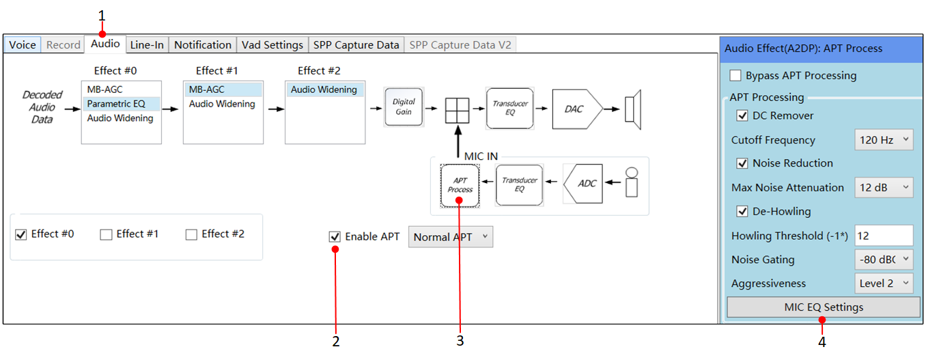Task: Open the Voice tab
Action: [x=23, y=44]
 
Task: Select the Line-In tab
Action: [x=147, y=44]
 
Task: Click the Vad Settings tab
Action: [x=272, y=44]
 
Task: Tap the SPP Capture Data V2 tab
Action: [x=460, y=44]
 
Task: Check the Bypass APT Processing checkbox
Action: [x=735, y=76]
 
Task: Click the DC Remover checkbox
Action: [x=742, y=115]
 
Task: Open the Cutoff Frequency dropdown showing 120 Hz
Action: [x=884, y=140]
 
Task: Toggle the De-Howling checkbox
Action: [x=742, y=212]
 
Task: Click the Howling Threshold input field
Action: [x=884, y=236]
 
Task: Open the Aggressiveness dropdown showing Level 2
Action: [x=884, y=283]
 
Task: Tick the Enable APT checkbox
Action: [x=335, y=237]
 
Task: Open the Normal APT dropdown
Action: [x=451, y=237]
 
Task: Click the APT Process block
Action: [x=460, y=185]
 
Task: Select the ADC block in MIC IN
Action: [x=583, y=184]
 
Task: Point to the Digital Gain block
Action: [x=404, y=107]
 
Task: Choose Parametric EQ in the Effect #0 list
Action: [x=116, y=104]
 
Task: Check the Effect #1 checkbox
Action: [x=107, y=235]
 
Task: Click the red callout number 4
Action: [x=822, y=342]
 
